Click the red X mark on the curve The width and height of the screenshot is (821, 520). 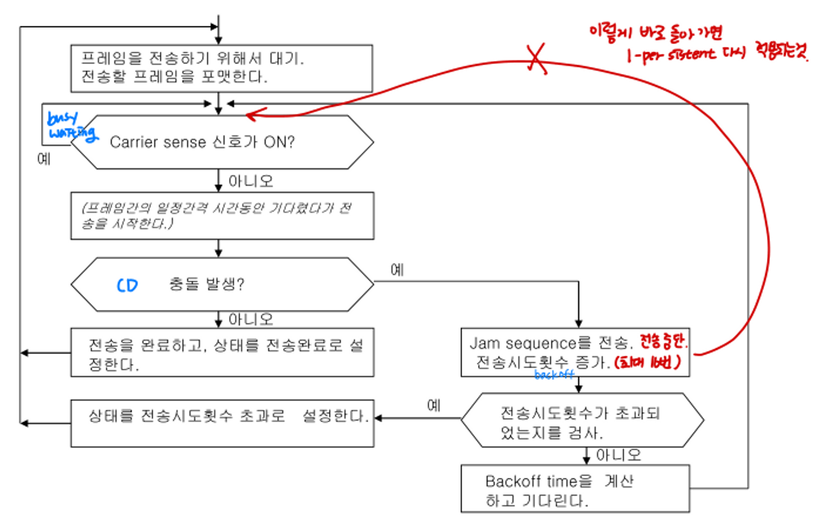point(536,59)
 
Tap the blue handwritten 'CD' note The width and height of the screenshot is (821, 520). point(127,286)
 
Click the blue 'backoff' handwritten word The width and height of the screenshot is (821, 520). point(554,374)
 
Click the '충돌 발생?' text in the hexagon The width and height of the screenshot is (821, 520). point(206,284)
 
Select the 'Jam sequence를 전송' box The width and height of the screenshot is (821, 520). point(575,352)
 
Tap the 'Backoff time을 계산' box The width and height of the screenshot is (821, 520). point(575,490)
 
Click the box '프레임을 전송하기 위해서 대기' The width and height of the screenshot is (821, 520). point(221,68)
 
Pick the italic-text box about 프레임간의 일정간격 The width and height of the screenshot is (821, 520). point(222,216)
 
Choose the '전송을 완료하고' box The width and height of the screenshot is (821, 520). point(222,352)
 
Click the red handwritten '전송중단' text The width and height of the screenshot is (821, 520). point(663,341)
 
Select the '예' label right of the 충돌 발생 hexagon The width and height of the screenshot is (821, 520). point(397,270)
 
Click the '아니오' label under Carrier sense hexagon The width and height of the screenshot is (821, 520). point(250,181)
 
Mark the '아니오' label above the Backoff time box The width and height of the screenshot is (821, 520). point(618,456)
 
